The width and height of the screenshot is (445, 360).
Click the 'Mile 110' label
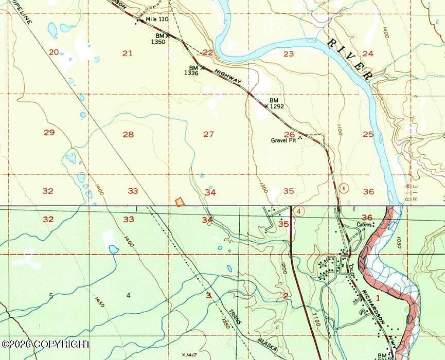click(157, 19)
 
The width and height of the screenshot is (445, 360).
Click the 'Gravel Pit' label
click(285, 140)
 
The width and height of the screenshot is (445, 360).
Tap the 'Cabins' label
click(364, 225)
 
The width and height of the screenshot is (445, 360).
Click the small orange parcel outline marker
click(180, 202)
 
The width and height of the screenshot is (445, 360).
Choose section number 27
click(208, 134)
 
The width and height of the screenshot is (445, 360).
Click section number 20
click(54, 51)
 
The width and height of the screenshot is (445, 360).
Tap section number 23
click(288, 53)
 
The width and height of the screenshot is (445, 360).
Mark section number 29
click(49, 133)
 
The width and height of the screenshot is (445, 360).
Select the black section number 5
click(50, 295)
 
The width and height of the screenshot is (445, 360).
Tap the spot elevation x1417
click(190, 354)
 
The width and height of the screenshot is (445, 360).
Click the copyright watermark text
click(45, 344)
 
